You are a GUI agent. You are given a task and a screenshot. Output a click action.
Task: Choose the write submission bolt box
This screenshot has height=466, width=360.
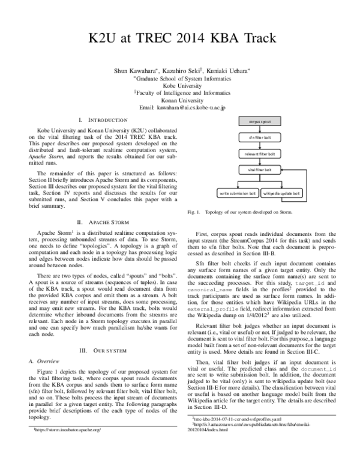(x=238, y=194)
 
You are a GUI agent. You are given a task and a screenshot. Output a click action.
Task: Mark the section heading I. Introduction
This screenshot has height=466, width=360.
(x=103, y=121)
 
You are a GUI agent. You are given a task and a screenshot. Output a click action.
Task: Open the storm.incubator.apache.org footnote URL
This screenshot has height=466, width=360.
(x=65, y=431)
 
